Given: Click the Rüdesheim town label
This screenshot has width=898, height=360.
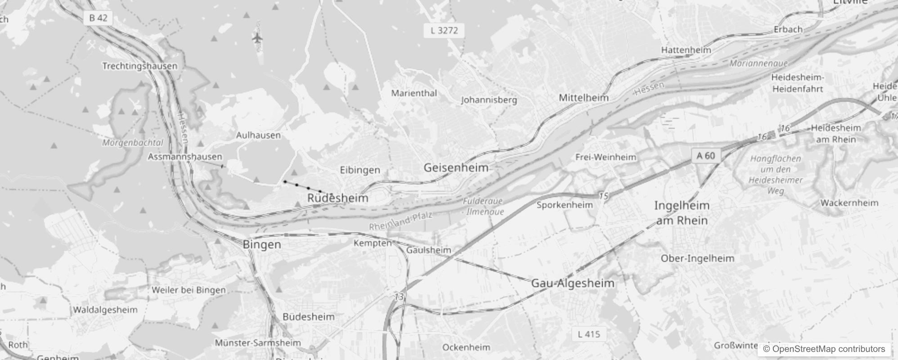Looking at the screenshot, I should pyautogui.click(x=337, y=198).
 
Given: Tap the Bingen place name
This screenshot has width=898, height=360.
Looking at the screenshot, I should pyautogui.click(x=261, y=245).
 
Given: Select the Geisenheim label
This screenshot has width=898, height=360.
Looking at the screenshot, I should pyautogui.click(x=456, y=168).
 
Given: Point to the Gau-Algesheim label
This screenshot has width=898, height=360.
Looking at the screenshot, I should pyautogui.click(x=572, y=283).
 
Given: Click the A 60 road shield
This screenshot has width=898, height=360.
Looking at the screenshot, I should pyautogui.click(x=705, y=156).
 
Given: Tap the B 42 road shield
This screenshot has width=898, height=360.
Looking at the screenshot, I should pyautogui.click(x=98, y=18).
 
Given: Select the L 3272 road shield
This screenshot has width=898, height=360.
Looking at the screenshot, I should pyautogui.click(x=444, y=31).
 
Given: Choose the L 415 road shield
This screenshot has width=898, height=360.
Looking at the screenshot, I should pyautogui.click(x=588, y=334).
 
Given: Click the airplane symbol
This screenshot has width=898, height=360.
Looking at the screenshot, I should pyautogui.click(x=257, y=38).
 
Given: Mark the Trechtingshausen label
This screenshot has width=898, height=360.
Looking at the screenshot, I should pyautogui.click(x=140, y=66).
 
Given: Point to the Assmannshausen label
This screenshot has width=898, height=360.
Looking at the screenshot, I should pyautogui.click(x=185, y=157).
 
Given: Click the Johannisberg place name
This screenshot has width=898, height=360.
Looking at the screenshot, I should pyautogui.click(x=489, y=100).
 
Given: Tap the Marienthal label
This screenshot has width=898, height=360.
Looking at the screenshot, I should pyautogui.click(x=414, y=93).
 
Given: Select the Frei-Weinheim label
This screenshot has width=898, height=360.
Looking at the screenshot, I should pyautogui.click(x=606, y=157).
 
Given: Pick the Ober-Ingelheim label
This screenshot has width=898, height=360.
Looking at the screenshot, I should pyautogui.click(x=697, y=259).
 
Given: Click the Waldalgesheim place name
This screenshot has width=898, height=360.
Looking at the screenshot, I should pyautogui.click(x=105, y=310).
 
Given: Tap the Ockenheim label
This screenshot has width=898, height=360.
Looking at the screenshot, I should pyautogui.click(x=466, y=347).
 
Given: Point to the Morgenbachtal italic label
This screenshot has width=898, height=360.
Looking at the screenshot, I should pyautogui.click(x=132, y=143).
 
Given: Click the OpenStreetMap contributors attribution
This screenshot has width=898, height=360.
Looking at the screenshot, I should pyautogui.click(x=823, y=349).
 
